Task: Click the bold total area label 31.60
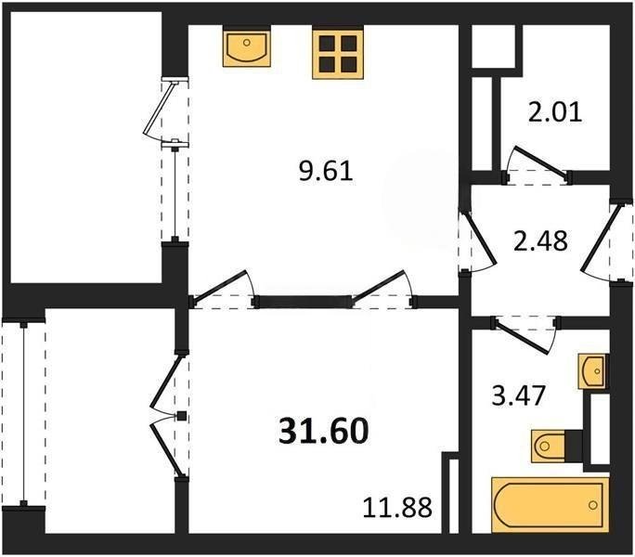tap(324, 431)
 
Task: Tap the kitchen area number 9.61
tap(326, 172)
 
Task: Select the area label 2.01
tap(555, 112)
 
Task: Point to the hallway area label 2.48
tap(540, 241)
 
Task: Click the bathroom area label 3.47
tap(518, 395)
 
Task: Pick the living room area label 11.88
tap(397, 507)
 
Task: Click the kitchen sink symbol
tap(247, 48)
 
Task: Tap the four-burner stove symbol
tap(338, 53)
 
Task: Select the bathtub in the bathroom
tap(551, 505)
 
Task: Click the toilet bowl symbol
tap(548, 446)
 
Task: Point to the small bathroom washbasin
tap(593, 371)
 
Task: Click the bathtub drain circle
tap(593, 505)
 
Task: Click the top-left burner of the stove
tap(327, 43)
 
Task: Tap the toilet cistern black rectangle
tap(574, 446)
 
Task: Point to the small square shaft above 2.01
tap(494, 45)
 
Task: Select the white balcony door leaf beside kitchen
tap(161, 108)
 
